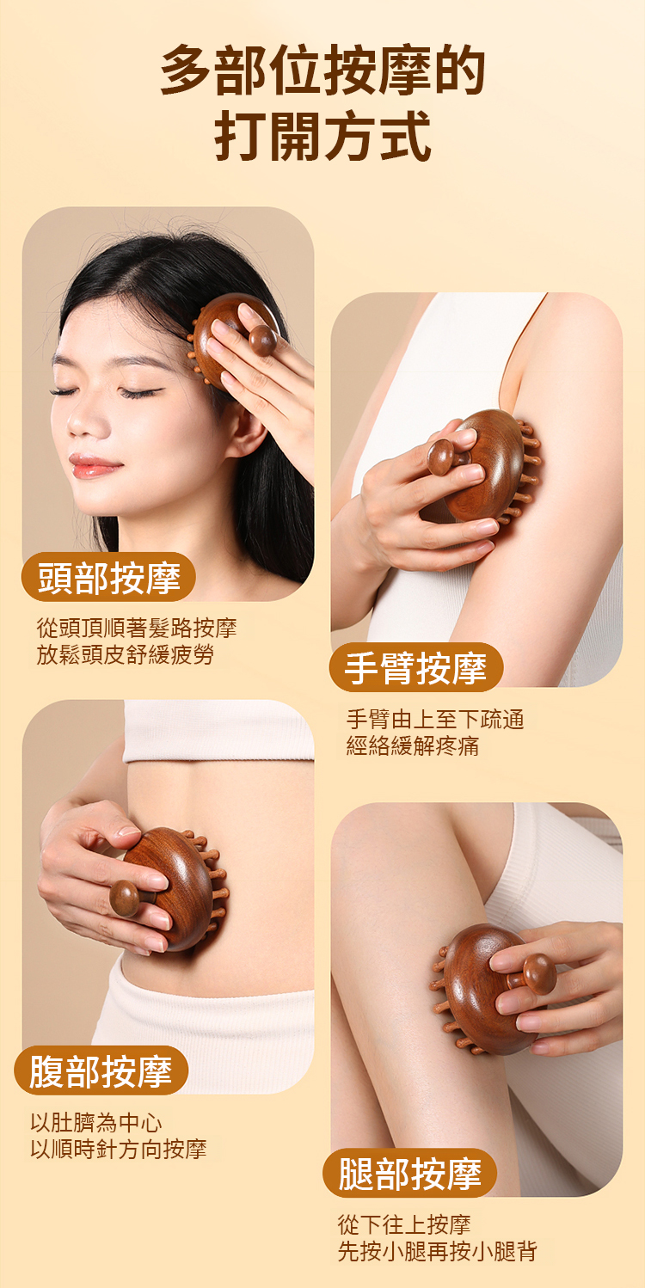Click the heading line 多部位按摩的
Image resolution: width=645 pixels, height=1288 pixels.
tap(322, 71)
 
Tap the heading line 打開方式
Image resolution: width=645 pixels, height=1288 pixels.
tap(322, 136)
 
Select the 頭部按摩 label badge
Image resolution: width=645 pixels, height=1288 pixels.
tap(108, 577)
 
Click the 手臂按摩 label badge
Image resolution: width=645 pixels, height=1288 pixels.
tap(416, 667)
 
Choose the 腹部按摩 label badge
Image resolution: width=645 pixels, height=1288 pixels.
tap(101, 1071)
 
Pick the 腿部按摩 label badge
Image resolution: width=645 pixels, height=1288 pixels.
tap(409, 1174)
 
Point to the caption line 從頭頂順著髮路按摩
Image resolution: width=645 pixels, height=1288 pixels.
tap(137, 628)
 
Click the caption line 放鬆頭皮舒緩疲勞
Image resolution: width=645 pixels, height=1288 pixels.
tap(126, 654)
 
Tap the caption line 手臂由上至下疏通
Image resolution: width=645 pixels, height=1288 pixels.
tap(435, 720)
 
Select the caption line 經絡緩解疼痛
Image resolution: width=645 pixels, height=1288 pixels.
tap(413, 745)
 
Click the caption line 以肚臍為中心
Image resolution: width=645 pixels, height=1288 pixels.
tap(96, 1123)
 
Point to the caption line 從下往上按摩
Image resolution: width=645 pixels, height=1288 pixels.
tap(404, 1224)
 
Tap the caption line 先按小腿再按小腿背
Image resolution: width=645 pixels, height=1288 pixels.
tap(437, 1251)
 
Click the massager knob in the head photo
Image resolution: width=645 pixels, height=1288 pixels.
tap(263, 340)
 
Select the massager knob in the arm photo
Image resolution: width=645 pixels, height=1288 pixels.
tap(442, 457)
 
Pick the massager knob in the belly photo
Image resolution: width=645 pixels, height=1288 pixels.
tap(125, 899)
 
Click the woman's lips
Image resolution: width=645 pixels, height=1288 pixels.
tap(93, 466)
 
